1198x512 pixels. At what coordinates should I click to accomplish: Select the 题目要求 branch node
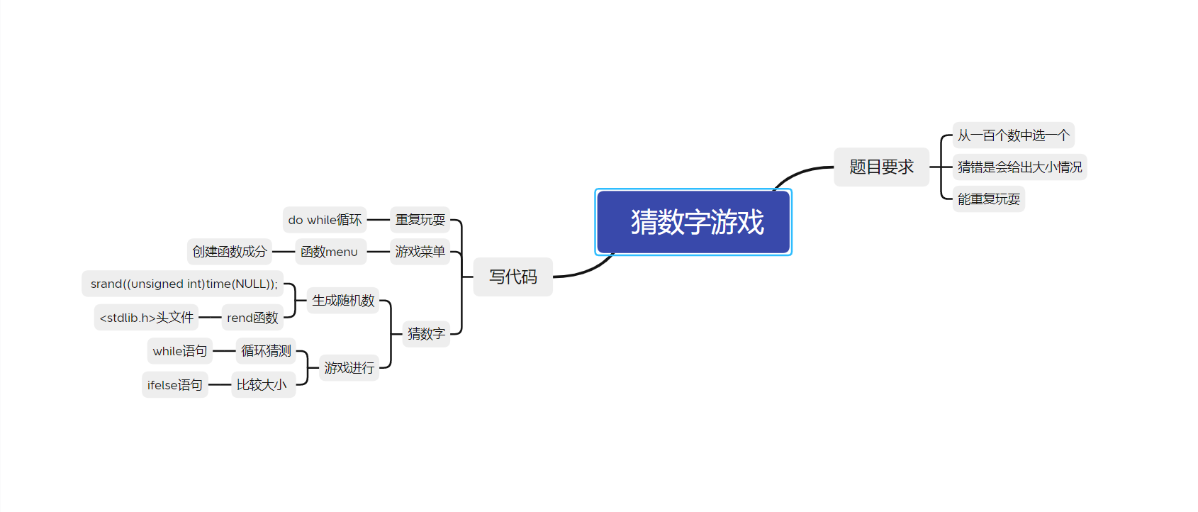click(881, 167)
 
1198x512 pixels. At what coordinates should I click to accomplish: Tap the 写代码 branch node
click(513, 277)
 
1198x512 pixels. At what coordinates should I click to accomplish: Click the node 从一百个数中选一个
click(1013, 135)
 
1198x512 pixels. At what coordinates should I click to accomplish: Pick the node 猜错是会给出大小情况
click(1019, 167)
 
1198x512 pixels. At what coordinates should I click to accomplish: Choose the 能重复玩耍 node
click(988, 199)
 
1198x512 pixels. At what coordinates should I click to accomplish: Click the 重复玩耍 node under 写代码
click(420, 220)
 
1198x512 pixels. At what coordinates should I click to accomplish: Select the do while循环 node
click(325, 220)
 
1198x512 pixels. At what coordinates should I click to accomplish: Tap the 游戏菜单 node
click(420, 252)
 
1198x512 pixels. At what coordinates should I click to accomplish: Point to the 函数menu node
click(330, 252)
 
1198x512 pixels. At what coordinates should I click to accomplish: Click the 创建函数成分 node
click(229, 252)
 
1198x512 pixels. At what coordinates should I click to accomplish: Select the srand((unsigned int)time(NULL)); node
click(183, 284)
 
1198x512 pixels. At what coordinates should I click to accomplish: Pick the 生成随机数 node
click(343, 301)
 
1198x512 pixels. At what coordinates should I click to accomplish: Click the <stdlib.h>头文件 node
click(146, 318)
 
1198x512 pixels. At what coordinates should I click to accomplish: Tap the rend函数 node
click(252, 318)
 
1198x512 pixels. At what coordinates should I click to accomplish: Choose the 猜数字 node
click(426, 333)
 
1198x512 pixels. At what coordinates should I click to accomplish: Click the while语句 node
click(180, 351)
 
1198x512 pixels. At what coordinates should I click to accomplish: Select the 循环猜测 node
click(266, 351)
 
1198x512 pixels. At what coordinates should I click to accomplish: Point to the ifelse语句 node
click(175, 385)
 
